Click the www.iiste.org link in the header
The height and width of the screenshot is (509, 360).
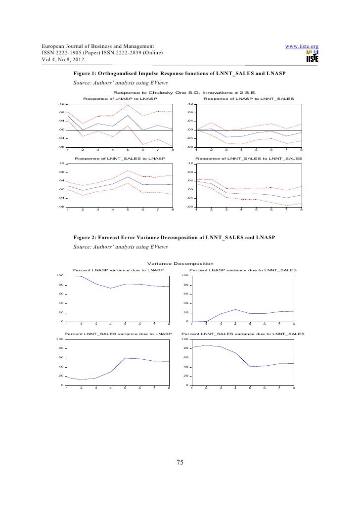(303, 47)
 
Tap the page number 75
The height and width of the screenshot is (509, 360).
(180, 462)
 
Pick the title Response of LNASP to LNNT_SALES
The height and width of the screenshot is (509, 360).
(249, 99)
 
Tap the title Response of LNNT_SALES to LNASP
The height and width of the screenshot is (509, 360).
(120, 159)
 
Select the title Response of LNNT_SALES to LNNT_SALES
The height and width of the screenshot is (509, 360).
(249, 159)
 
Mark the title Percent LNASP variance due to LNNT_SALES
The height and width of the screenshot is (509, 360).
(243, 270)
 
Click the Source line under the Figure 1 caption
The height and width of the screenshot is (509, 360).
(121, 83)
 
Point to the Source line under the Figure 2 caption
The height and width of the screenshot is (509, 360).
(121, 247)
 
